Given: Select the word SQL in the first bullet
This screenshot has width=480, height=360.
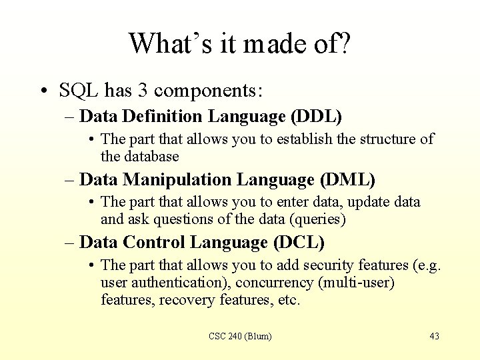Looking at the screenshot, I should [79, 90].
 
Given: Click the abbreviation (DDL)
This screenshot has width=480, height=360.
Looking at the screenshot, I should [316, 117].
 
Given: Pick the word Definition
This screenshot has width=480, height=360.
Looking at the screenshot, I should [163, 117].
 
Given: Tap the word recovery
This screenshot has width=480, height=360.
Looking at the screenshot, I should [188, 300].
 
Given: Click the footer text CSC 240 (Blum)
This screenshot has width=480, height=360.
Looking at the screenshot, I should [240, 336].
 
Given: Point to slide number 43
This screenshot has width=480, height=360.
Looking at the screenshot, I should [434, 336].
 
